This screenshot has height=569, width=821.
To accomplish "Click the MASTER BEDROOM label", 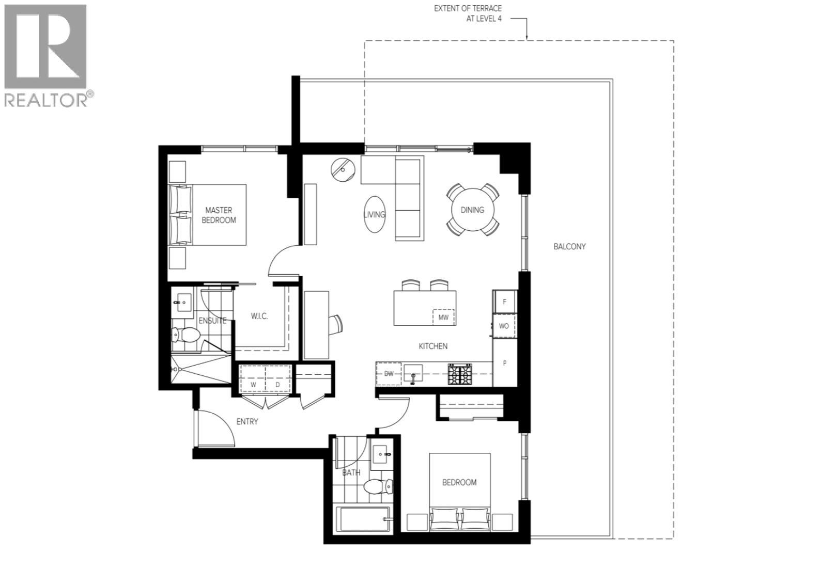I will coord(219,215).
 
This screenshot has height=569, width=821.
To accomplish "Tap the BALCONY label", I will coord(569,247).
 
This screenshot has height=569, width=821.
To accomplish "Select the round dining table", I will coord(472,210).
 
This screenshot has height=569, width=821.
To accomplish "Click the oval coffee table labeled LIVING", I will coord(374,214).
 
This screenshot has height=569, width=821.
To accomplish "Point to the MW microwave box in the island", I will coord(443,317).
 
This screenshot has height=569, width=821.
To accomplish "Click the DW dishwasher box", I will coord(389,374).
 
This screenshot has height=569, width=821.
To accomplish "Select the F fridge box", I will coord(504,302).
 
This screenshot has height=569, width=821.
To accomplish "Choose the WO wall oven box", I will coord(504,326).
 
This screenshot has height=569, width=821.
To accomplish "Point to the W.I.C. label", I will coord(259,316).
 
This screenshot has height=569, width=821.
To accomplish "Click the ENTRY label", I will coord(247,422).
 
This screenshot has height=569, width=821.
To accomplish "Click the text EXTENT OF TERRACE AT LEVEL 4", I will coord(468,13).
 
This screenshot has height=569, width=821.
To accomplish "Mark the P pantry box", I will coord(504,363).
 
